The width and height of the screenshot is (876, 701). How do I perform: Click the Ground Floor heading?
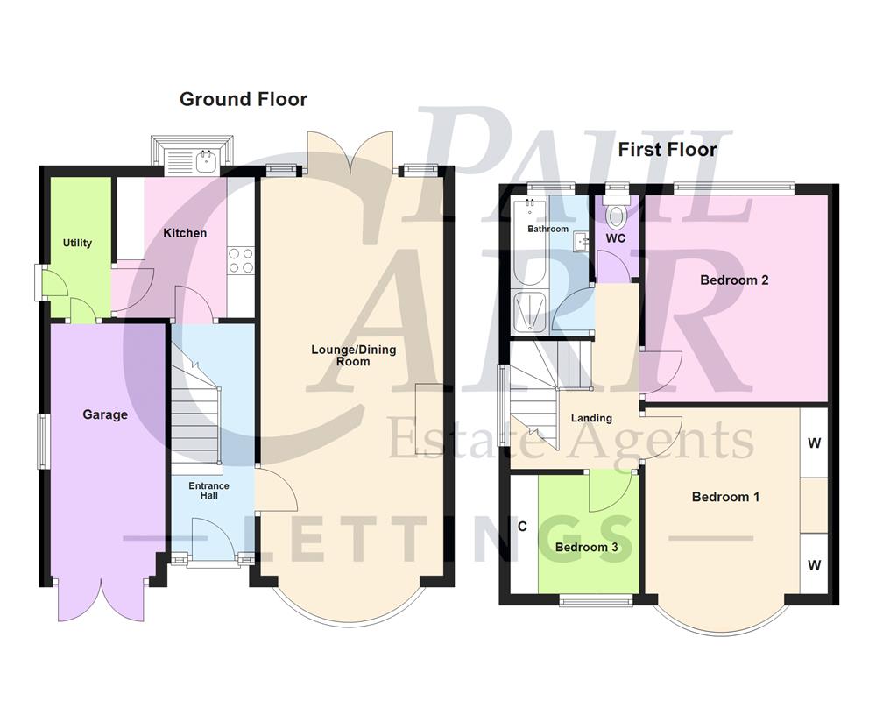click(x=244, y=99)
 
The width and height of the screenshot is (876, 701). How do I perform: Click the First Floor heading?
click(x=668, y=149)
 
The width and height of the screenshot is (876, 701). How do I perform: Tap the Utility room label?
click(x=78, y=243)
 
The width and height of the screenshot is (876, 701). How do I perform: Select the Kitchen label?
click(x=186, y=233)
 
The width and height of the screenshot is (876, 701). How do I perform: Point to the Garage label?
click(x=105, y=414)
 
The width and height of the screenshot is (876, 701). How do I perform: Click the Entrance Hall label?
click(x=209, y=491)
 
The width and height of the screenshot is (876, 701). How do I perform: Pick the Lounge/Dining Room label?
click(x=354, y=355)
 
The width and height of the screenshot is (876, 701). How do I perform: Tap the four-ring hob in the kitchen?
click(x=241, y=260)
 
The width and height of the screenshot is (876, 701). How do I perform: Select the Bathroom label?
click(x=548, y=229)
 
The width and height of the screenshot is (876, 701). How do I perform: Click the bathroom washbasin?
click(x=580, y=240)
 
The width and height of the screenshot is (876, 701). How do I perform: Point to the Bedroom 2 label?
click(x=734, y=280)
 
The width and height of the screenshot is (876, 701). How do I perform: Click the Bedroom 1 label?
click(x=725, y=497)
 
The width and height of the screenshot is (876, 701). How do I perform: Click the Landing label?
click(x=591, y=418)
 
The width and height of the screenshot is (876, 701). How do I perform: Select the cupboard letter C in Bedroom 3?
click(x=522, y=527)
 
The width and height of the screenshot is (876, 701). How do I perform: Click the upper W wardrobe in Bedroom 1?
click(x=814, y=443)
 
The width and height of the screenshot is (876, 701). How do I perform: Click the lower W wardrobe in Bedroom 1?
click(x=814, y=565)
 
